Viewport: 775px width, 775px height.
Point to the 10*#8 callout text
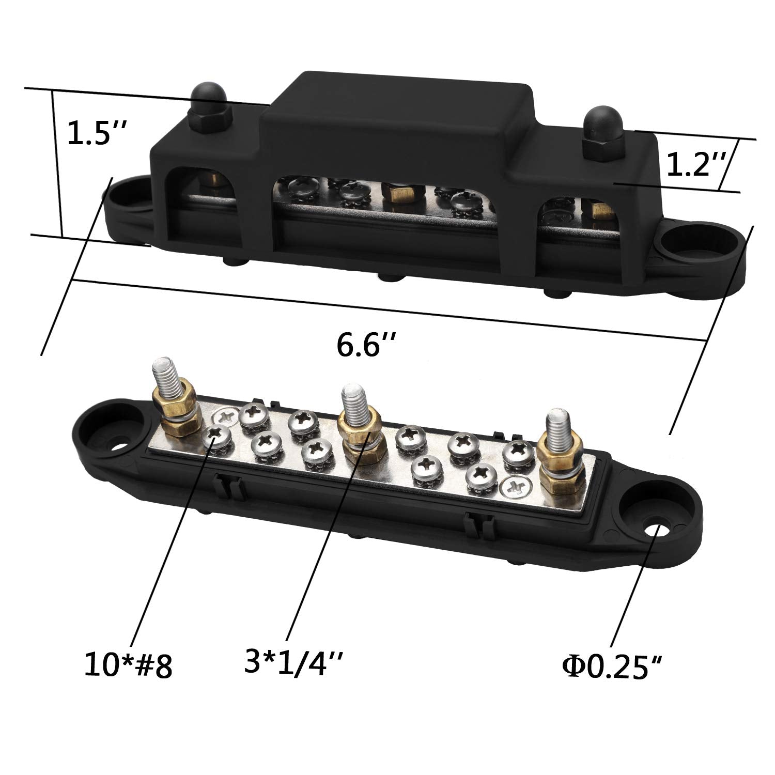pyautogui.click(x=128, y=666)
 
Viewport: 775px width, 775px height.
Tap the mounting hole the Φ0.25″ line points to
pyautogui.click(x=655, y=531)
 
